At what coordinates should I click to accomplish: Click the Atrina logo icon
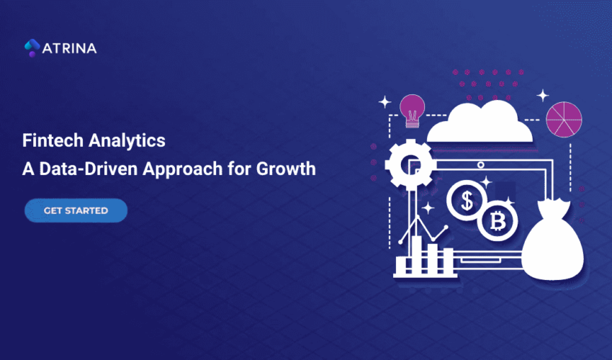[32, 48]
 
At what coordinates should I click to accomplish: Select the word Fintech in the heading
[48, 140]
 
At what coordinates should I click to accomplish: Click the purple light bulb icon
[413, 109]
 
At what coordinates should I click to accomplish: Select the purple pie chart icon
[564, 120]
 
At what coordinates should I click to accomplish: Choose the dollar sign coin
[467, 202]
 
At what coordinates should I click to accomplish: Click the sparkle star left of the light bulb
[385, 102]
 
